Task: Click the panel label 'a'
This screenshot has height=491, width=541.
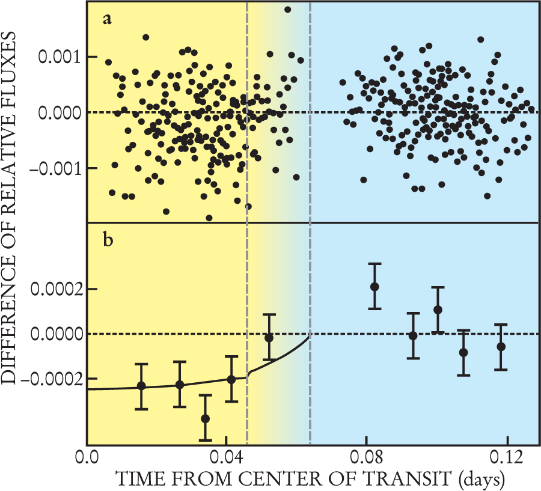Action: [108, 20]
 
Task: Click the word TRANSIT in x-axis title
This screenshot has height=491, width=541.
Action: [409, 480]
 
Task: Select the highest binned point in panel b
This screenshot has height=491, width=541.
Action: [374, 287]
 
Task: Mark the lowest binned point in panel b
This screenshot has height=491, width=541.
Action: [205, 418]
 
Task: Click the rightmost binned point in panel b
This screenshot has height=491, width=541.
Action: [501, 347]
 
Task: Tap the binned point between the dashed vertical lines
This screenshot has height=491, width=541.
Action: [269, 338]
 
